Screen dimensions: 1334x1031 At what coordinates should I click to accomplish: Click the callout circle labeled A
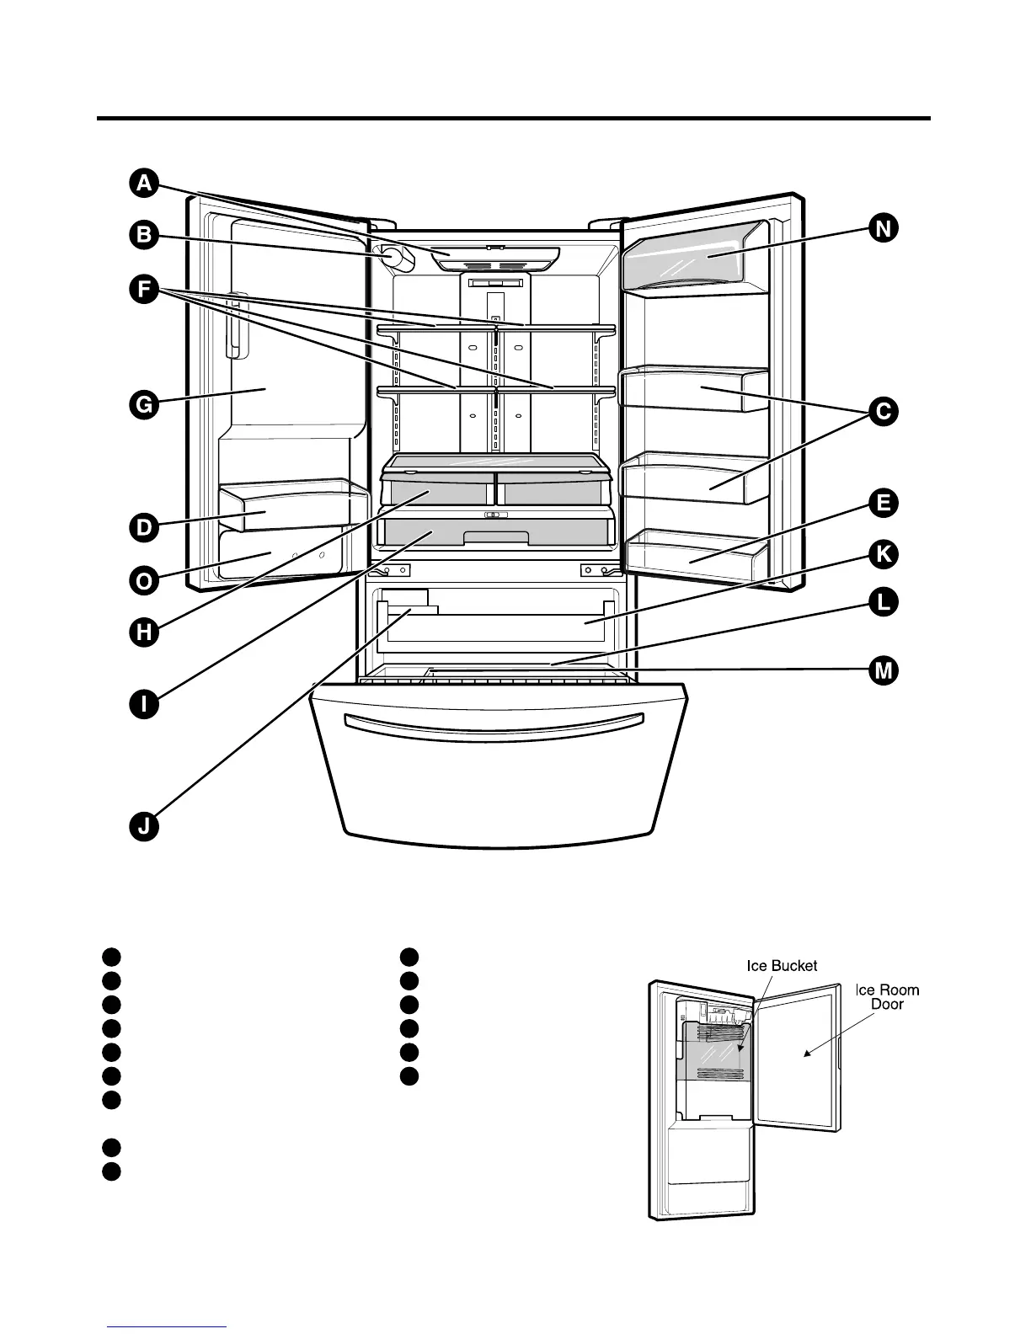pyautogui.click(x=144, y=183)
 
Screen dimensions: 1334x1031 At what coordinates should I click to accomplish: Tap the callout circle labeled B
pyautogui.click(x=144, y=235)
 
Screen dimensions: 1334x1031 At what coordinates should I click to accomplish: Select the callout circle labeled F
pyautogui.click(x=144, y=290)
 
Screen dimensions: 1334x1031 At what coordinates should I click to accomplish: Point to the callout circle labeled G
pyautogui.click(x=144, y=405)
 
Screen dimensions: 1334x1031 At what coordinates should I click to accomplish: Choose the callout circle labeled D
pyautogui.click(x=144, y=528)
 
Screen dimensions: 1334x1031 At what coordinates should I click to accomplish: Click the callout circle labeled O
pyautogui.click(x=144, y=580)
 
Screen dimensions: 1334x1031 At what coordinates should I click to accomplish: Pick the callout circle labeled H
pyautogui.click(x=144, y=632)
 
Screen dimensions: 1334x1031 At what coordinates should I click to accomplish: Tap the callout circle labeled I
pyautogui.click(x=144, y=703)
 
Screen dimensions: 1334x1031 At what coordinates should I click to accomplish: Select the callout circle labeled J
pyautogui.click(x=144, y=827)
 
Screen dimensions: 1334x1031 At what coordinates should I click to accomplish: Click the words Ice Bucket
pyautogui.click(x=782, y=966)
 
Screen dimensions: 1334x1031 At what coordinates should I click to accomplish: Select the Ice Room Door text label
pyautogui.click(x=887, y=997)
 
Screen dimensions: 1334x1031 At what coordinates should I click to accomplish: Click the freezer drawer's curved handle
pyautogui.click(x=495, y=723)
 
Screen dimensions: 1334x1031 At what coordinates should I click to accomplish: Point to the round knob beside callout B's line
pyautogui.click(x=395, y=258)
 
